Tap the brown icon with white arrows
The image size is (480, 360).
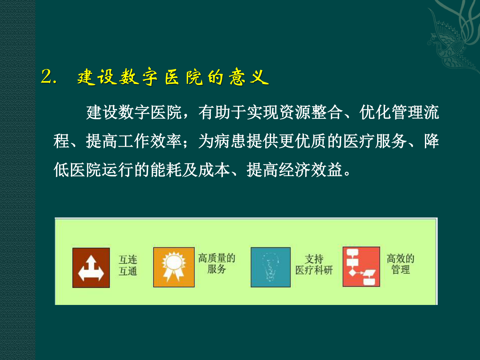click(91, 268)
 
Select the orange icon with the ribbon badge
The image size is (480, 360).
click(174, 267)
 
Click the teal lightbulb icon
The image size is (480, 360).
click(270, 267)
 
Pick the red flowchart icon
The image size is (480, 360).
click(361, 267)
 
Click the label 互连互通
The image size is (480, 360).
click(128, 265)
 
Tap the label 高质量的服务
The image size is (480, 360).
click(217, 263)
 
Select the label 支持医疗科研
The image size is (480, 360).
click(314, 264)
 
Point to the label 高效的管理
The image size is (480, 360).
click(400, 264)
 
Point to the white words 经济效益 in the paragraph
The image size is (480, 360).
click(311, 169)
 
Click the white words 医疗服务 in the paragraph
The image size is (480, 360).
click(375, 141)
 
